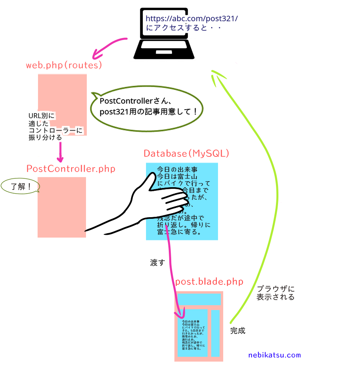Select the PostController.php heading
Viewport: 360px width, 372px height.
(x=71, y=168)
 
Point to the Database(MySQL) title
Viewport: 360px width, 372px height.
(x=186, y=153)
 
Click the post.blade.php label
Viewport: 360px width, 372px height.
(x=209, y=282)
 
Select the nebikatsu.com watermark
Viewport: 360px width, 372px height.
(x=274, y=355)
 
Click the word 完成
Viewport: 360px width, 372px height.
(x=238, y=331)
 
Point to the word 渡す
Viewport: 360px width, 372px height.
(x=157, y=263)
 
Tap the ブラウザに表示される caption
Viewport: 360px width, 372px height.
(x=276, y=293)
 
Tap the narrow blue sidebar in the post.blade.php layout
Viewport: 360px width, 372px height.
(x=216, y=333)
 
